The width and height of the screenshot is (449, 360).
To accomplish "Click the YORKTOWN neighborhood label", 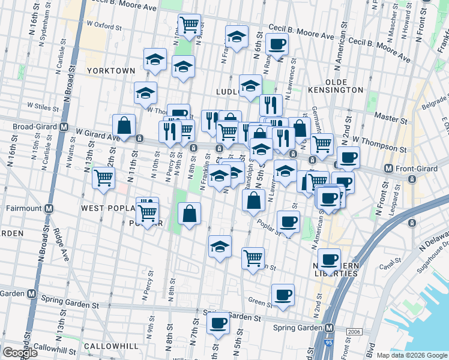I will tap(111, 71).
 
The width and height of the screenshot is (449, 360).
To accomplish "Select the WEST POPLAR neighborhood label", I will tap(107, 208).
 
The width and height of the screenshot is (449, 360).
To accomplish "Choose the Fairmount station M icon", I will tap(49, 209).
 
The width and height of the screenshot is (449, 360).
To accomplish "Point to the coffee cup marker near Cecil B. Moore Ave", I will tap(277, 44).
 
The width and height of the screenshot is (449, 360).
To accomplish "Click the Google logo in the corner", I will tap(20, 353).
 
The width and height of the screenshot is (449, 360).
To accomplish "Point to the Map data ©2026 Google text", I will tap(412, 355).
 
